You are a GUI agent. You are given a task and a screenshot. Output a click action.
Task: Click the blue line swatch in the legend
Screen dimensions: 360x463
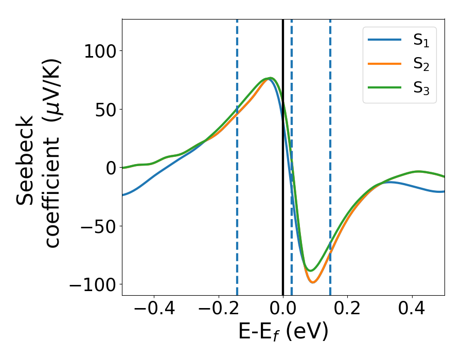[x=384, y=41]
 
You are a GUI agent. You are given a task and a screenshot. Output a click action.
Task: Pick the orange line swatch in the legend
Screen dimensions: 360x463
[x=384, y=64]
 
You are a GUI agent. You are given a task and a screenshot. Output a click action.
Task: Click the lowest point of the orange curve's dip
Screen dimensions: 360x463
[x=312, y=282]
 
